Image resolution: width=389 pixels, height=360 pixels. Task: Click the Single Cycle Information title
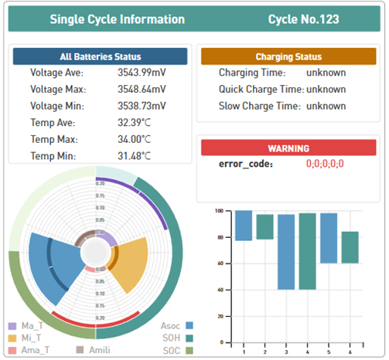click(117, 19)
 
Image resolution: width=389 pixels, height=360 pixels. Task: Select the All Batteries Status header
click(100, 56)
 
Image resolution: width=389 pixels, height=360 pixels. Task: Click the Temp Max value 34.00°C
click(135, 139)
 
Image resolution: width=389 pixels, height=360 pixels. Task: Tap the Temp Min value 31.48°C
click(135, 156)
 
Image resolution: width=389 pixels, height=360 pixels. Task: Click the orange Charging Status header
click(288, 56)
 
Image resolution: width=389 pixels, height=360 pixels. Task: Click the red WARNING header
click(288, 148)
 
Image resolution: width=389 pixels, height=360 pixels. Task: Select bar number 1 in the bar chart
click(244, 226)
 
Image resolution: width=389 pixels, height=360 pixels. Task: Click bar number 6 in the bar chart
click(350, 247)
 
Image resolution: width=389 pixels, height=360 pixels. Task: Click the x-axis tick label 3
click(286, 351)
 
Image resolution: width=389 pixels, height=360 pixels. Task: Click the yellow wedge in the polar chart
click(128, 261)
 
